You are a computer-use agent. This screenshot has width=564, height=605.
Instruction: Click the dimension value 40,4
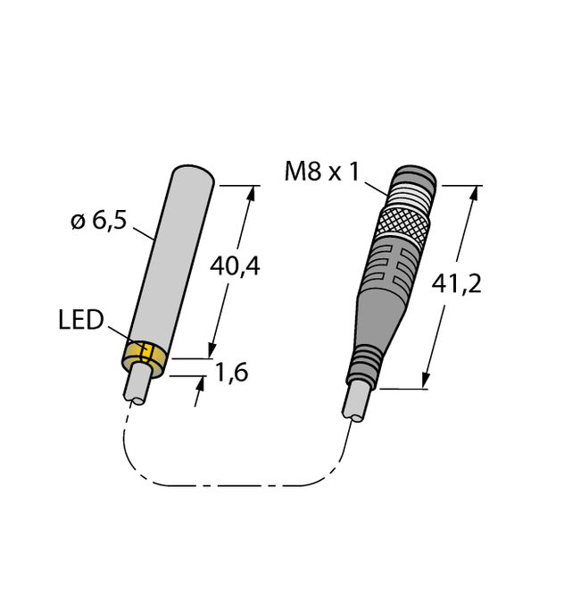tap(234, 265)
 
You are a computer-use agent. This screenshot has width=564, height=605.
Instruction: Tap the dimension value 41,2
tap(456, 284)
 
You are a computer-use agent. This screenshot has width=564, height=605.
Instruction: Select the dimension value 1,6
tap(231, 374)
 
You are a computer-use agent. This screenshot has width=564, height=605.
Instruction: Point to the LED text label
tap(80, 320)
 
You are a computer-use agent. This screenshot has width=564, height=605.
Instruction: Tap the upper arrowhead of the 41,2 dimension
tap(474, 192)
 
